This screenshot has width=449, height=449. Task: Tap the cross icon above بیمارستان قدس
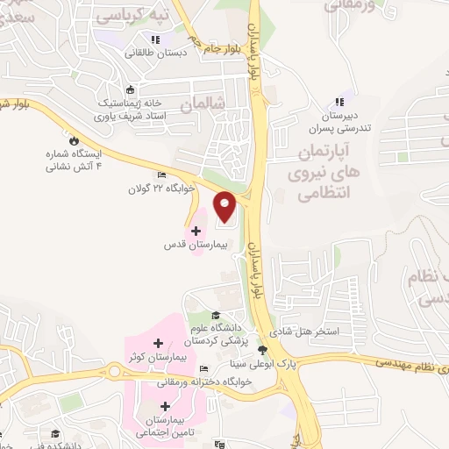point(195,230)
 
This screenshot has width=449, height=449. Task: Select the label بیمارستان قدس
point(196,245)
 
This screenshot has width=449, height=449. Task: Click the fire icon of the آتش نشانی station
point(75,140)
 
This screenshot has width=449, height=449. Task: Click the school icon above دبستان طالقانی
point(155,39)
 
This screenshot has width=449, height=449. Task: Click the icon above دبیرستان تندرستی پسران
point(339,102)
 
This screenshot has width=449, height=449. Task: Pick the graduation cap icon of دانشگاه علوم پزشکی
point(216,316)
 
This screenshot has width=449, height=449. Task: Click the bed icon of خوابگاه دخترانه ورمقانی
point(203,369)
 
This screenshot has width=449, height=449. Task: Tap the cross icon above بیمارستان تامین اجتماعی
point(167,407)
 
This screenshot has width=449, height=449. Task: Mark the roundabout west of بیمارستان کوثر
point(115,371)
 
